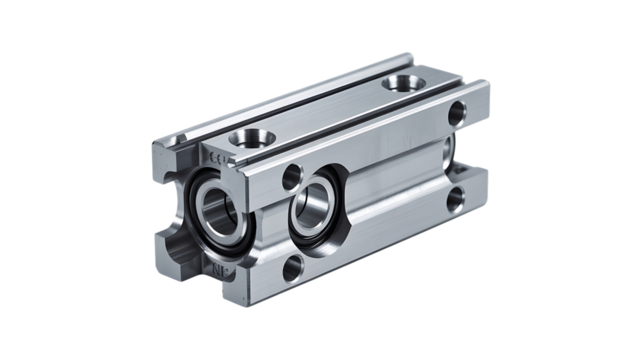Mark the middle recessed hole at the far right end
[463, 151]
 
